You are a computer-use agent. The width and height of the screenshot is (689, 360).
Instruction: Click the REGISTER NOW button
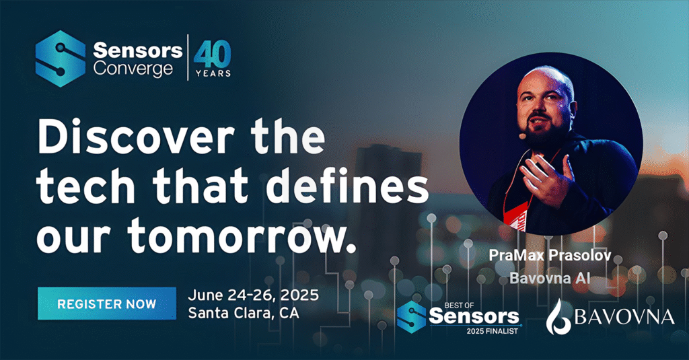click(x=107, y=303)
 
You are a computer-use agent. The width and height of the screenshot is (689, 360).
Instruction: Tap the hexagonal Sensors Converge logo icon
click(x=60, y=59)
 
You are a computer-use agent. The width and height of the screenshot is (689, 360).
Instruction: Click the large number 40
click(x=213, y=55)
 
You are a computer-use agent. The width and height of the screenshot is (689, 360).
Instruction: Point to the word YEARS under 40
click(x=213, y=73)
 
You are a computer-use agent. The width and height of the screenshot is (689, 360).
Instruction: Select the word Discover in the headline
click(x=135, y=137)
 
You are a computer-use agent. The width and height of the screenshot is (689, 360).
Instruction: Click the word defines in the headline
click(x=348, y=186)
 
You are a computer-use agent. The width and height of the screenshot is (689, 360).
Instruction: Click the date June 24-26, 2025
click(x=253, y=295)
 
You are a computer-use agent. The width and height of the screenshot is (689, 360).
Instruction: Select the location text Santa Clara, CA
click(x=244, y=313)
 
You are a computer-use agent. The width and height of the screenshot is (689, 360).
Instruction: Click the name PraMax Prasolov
click(x=550, y=256)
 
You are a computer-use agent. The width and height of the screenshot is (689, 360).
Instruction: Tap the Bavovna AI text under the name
click(x=550, y=278)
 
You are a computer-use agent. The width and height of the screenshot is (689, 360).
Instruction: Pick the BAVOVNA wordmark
click(x=624, y=317)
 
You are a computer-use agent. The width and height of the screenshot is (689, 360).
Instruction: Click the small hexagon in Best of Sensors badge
click(x=411, y=317)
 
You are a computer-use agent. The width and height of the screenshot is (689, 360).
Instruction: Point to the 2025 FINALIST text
click(x=492, y=331)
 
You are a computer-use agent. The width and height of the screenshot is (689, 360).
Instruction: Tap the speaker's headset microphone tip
click(x=522, y=137)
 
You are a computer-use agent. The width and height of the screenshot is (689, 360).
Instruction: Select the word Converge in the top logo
click(x=133, y=70)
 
